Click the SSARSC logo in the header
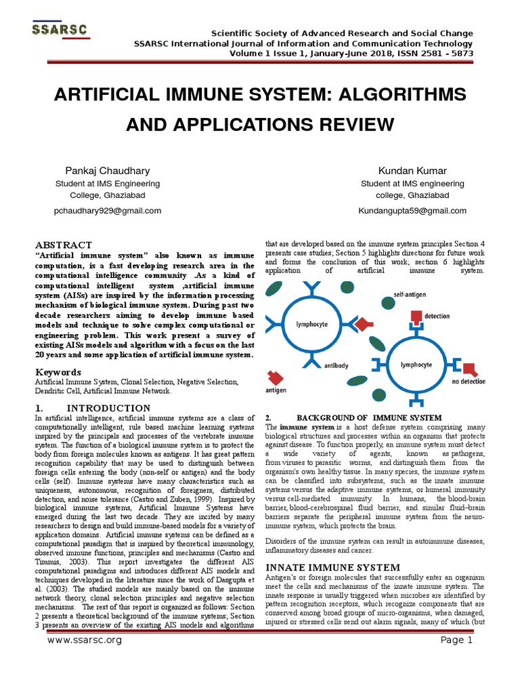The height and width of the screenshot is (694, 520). pos(62,30)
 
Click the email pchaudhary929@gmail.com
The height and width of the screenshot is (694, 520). pos(107,211)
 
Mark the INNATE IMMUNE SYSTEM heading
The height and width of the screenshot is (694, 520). pos(332,567)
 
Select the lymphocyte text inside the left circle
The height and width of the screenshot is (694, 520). pos(311,325)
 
